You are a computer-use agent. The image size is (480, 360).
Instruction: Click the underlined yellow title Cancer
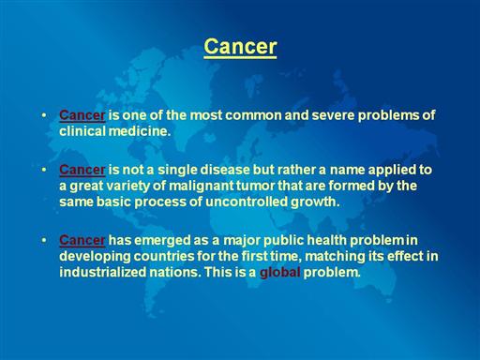click(x=240, y=47)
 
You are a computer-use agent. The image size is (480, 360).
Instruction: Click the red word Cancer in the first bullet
click(x=82, y=115)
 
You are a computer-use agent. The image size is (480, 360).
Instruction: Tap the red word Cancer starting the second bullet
click(x=82, y=170)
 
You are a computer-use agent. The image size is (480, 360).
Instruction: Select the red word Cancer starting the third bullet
click(x=82, y=240)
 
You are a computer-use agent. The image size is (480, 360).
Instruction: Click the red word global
click(x=280, y=273)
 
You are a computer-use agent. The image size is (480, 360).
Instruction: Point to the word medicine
click(x=140, y=131)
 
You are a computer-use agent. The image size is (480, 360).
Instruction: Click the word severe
click(x=333, y=115)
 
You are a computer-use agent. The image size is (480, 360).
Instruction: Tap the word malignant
click(x=202, y=187)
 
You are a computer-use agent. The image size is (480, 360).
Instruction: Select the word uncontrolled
click(x=247, y=202)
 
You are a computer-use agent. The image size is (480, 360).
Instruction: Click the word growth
click(x=315, y=202)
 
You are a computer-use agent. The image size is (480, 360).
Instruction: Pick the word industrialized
click(x=102, y=272)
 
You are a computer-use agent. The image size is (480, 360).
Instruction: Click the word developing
click(x=95, y=257)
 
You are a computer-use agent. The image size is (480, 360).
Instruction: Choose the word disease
click(x=225, y=170)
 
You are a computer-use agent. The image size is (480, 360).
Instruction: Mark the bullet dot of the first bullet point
click(x=44, y=115)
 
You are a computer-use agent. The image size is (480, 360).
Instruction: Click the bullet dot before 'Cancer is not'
click(x=44, y=170)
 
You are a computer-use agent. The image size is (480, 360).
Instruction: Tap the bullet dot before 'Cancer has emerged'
click(x=44, y=240)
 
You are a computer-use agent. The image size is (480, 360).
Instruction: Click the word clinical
click(x=82, y=131)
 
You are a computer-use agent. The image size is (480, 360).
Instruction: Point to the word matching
click(x=334, y=257)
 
